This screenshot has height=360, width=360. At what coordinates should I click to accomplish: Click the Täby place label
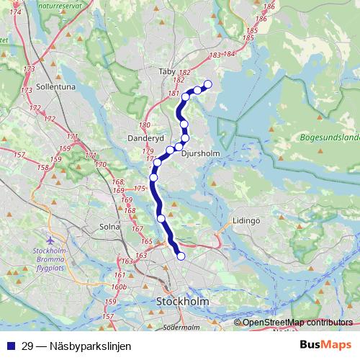click(167, 72)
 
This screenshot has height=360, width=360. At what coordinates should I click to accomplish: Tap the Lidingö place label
click(246, 220)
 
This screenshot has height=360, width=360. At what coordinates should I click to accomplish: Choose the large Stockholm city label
click(182, 302)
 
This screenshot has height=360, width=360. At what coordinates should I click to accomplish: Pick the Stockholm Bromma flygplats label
click(50, 258)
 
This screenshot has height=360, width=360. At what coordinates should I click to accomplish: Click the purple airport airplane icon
click(49, 240)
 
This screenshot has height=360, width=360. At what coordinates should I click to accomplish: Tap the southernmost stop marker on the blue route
click(181, 256)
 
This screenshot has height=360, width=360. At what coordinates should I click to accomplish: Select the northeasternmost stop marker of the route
click(208, 84)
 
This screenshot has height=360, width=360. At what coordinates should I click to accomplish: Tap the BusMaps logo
click(325, 346)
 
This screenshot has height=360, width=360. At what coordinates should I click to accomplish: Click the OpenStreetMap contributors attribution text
click(297, 322)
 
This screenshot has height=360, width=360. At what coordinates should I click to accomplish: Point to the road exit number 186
click(269, 6)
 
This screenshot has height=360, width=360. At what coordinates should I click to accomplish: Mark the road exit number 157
click(109, 317)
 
